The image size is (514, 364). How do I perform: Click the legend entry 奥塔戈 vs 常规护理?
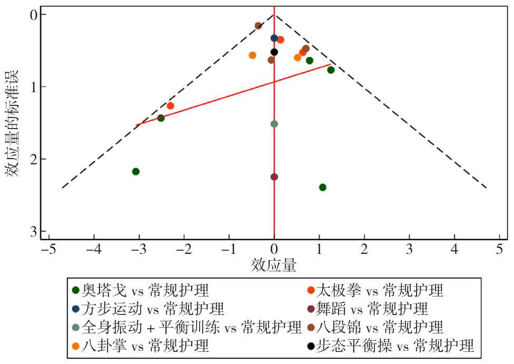pyautogui.click(x=140, y=290)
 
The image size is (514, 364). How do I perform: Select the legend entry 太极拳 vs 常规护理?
pyautogui.click(x=375, y=290)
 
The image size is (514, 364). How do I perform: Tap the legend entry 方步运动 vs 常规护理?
pyautogui.click(x=147, y=309)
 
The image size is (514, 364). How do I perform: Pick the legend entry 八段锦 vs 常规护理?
pyautogui.click(x=375, y=327)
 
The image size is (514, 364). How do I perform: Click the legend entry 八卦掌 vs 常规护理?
pyautogui.click(x=140, y=346)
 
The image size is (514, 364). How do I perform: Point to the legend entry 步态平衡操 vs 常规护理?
pyautogui.click(x=390, y=346)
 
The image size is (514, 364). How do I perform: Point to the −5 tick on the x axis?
pyautogui.click(x=50, y=250)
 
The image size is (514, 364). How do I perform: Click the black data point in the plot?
pyautogui.click(x=274, y=52)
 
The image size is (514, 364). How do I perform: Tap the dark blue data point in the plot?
pyautogui.click(x=274, y=38)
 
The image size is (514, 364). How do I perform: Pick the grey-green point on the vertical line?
pyautogui.click(x=274, y=124)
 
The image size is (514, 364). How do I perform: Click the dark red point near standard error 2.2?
pyautogui.click(x=274, y=176)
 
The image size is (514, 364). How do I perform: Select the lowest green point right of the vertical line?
pyautogui.click(x=323, y=188)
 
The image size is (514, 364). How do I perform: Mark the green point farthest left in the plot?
pyautogui.click(x=136, y=171)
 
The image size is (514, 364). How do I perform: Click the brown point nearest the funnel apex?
pyautogui.click(x=258, y=26)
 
